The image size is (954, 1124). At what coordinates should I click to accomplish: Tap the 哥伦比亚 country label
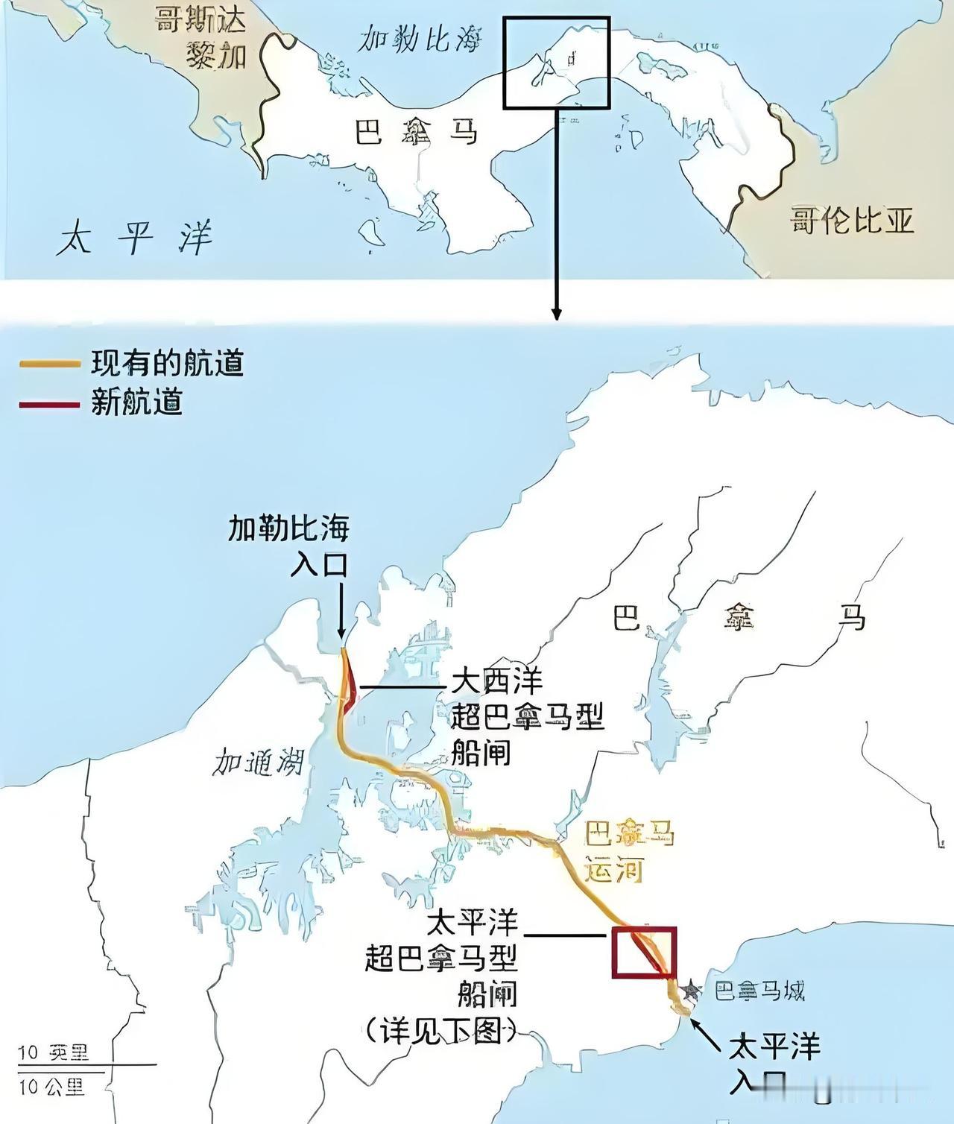[852, 221]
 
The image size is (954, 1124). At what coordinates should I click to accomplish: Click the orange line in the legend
[49, 364]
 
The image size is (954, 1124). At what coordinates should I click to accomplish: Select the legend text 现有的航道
[168, 364]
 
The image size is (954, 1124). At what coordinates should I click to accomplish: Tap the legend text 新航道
[137, 403]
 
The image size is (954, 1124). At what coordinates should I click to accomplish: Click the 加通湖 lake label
[258, 763]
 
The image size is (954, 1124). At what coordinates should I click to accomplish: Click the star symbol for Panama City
[691, 990]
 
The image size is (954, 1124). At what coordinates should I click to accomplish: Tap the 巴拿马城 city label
[759, 991]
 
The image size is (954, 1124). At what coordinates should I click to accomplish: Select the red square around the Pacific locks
[643, 951]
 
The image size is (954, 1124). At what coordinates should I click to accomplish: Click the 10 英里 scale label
[52, 1052]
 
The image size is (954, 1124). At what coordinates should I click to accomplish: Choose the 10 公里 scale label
[52, 1087]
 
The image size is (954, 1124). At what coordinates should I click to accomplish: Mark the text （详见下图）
[442, 1032]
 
